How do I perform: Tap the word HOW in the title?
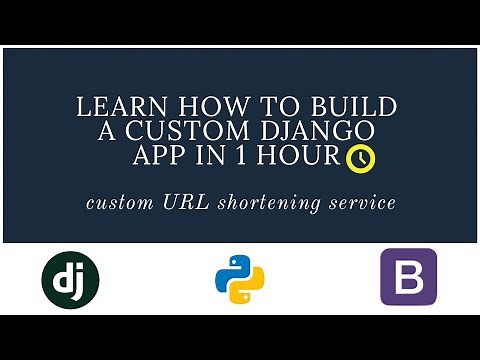(x=194, y=107)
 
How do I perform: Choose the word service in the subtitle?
(x=362, y=203)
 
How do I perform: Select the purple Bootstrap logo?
(x=408, y=277)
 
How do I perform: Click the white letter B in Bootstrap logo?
(x=408, y=277)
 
